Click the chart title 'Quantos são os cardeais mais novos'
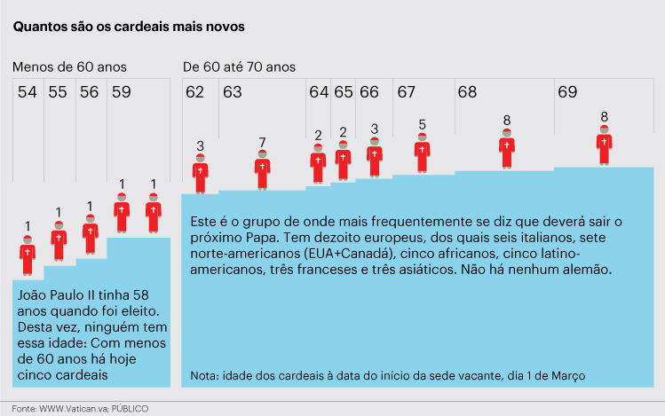pyautogui.click(x=129, y=27)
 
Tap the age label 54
pyautogui.click(x=27, y=91)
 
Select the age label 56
pyautogui.click(x=89, y=91)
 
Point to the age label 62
pyautogui.click(x=194, y=91)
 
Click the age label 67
pyautogui.click(x=407, y=91)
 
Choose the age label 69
pyautogui.click(x=566, y=91)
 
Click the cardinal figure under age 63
pyautogui.click(x=262, y=169)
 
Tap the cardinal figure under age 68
pyautogui.click(x=506, y=148)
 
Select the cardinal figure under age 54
pyautogui.click(x=28, y=255)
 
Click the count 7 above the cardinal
pyautogui.click(x=262, y=142)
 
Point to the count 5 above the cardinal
pyautogui.click(x=422, y=124)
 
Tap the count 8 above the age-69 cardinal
pyautogui.click(x=604, y=116)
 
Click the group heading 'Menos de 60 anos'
pyautogui.click(x=69, y=67)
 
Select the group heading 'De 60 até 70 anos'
pyautogui.click(x=239, y=67)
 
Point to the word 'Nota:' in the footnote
pyautogui.click(x=206, y=375)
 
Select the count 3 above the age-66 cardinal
pyautogui.click(x=374, y=129)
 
